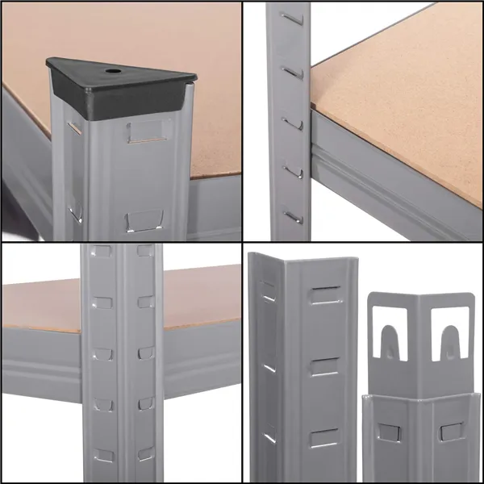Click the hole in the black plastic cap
111,73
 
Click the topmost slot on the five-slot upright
291,17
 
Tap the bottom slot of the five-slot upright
292,215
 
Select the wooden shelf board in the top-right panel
403,89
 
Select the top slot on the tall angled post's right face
324,295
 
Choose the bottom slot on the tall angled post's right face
324,440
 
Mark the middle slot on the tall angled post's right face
324,367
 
